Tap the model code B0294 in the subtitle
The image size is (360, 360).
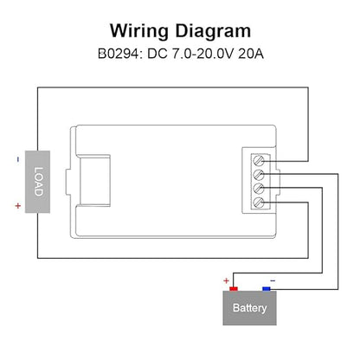click(x=119, y=54)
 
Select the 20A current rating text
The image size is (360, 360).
click(x=251, y=54)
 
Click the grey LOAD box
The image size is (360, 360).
click(x=37, y=182)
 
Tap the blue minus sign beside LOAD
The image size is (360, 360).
click(x=18, y=159)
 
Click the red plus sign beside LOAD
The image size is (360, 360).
click(x=18, y=206)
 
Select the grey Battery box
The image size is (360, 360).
click(x=250, y=308)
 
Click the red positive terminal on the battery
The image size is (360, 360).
click(x=234, y=289)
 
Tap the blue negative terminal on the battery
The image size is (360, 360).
click(x=267, y=289)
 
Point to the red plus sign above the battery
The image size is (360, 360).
click(x=226, y=280)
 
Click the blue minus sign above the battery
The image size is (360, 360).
click(x=273, y=280)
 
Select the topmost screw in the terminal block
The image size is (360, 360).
click(x=259, y=160)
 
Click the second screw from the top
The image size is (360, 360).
click(x=259, y=174)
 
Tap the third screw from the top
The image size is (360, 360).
click(x=259, y=189)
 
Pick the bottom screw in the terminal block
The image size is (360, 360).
click(x=259, y=202)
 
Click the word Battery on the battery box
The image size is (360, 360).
click(x=250, y=308)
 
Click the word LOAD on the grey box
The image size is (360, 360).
click(x=38, y=182)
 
